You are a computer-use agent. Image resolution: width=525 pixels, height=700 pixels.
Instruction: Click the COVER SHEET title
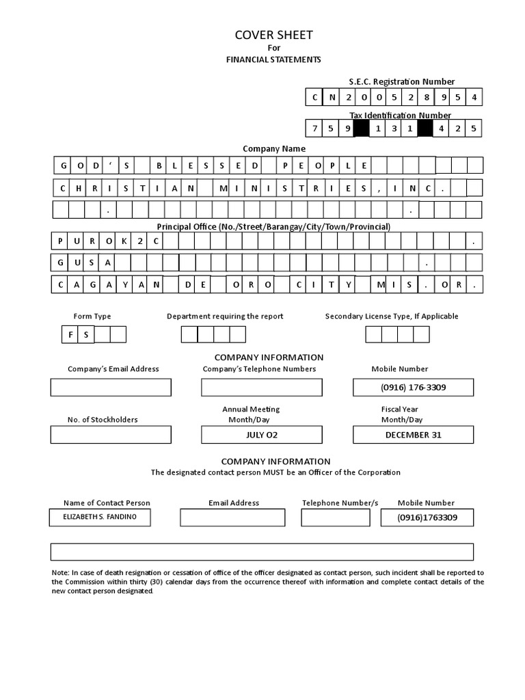tap(273, 36)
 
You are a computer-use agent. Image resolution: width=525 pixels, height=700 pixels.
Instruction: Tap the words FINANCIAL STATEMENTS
tap(273, 59)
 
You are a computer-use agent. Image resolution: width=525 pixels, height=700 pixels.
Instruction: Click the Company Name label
tap(274, 148)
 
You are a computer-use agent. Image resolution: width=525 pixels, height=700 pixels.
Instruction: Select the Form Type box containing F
tap(70, 334)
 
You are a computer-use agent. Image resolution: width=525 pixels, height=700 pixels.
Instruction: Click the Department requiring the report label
tap(225, 317)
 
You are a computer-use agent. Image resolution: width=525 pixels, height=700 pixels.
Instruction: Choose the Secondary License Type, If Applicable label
tap(392, 317)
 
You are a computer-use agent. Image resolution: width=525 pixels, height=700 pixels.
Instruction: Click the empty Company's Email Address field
tap(111, 388)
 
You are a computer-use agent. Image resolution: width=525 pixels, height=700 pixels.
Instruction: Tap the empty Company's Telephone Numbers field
tap(261, 388)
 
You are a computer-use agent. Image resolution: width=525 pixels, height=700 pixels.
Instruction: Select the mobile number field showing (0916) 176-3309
tap(413, 388)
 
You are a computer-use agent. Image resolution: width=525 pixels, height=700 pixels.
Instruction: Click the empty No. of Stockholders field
tap(111, 435)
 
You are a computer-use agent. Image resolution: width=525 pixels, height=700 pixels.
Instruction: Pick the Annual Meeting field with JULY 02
tap(261, 435)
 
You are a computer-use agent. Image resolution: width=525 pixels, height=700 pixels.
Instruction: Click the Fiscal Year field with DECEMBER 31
tap(413, 435)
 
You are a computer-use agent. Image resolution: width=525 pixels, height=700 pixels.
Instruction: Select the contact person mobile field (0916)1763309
tap(427, 518)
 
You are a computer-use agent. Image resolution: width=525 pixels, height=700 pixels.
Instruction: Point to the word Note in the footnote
tap(60, 573)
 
